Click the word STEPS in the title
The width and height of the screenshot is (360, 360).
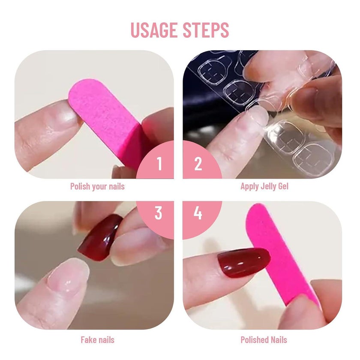point(206,30)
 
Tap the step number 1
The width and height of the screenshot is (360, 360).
point(159,164)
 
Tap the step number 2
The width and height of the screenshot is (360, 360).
point(198,164)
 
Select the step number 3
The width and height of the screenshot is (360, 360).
point(159,213)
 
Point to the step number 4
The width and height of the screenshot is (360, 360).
point(198,213)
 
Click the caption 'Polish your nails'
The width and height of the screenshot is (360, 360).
point(97,186)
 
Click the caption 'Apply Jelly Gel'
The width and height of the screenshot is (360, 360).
point(264,186)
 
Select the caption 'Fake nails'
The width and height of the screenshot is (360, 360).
point(97,340)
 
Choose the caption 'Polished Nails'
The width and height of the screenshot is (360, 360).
point(264,340)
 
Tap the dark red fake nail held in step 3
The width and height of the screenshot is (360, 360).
point(100,237)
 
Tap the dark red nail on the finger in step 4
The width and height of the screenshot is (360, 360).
point(244,262)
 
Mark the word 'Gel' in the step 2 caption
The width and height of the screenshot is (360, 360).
point(283,186)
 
